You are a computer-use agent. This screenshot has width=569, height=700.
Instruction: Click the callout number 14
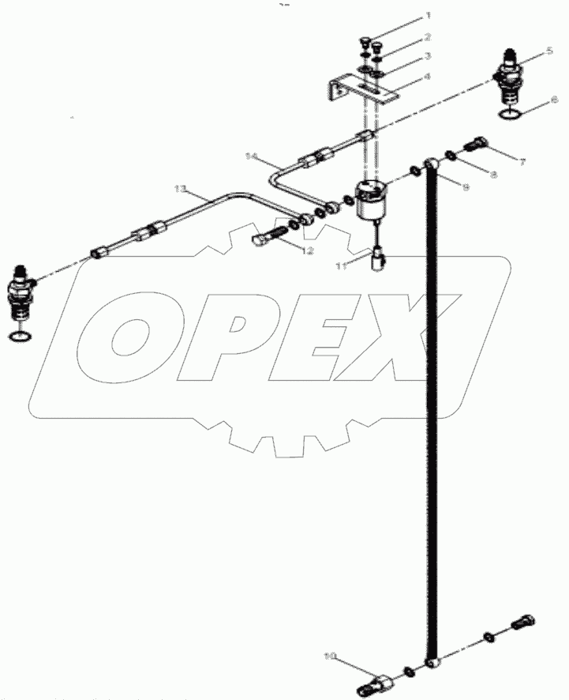coord(252,156)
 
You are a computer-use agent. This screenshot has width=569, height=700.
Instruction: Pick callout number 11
coord(340,267)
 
